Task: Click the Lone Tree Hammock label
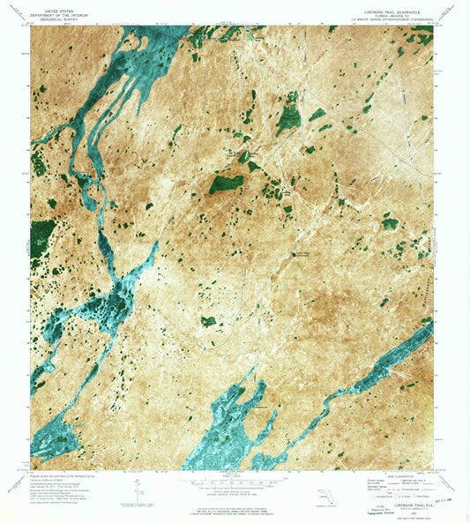(303, 255)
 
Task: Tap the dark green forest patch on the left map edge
(41, 237)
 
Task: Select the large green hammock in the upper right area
(287, 117)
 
